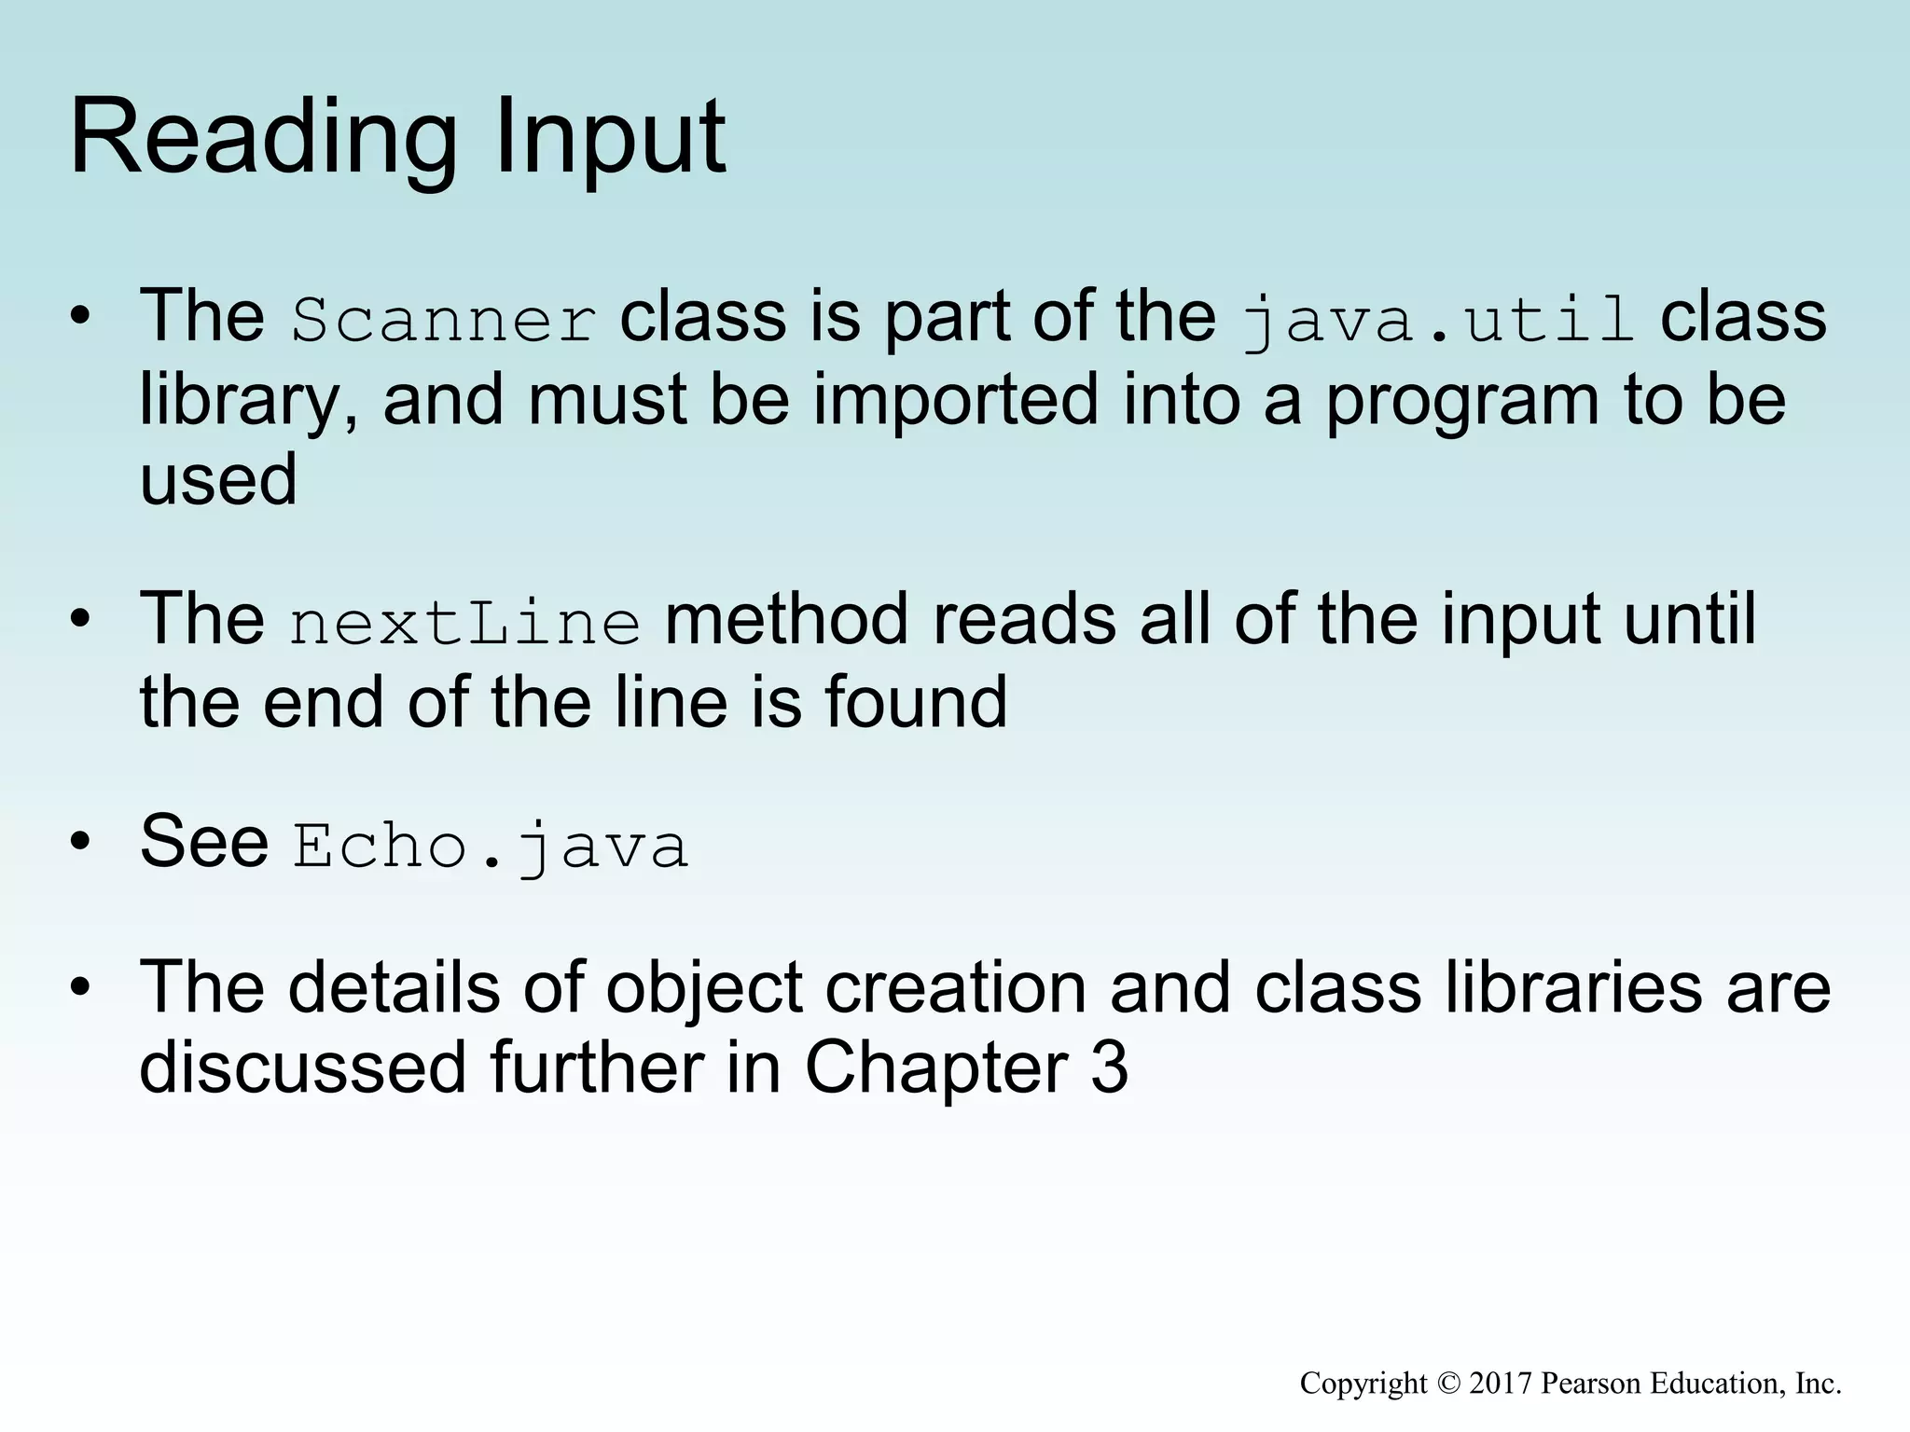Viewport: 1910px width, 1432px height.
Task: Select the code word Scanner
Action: [x=443, y=320]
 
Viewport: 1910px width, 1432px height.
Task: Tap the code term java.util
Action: [x=1438, y=320]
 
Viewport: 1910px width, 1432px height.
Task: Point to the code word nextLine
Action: [x=464, y=623]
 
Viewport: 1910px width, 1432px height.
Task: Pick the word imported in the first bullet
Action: [x=955, y=399]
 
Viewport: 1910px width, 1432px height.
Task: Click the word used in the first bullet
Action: [x=218, y=479]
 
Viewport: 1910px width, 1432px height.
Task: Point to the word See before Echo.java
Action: [x=204, y=842]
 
